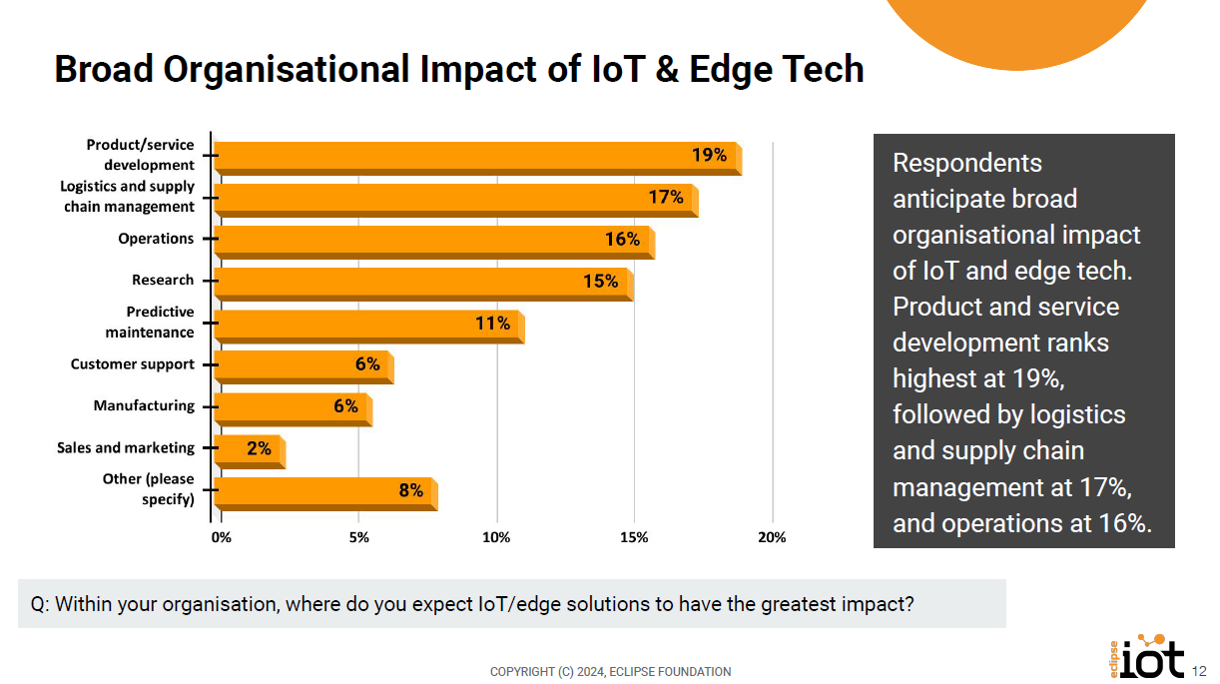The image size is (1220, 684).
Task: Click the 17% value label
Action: coord(666,198)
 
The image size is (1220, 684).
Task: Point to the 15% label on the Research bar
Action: coord(601,282)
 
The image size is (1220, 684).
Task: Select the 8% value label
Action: coord(411,490)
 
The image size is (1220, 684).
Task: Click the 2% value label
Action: coord(259,449)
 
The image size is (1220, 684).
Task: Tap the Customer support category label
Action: coord(133,364)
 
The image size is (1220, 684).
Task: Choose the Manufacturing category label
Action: coord(145,406)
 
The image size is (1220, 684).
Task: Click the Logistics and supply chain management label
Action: coord(128,197)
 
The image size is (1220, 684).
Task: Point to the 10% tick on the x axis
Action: coord(496,538)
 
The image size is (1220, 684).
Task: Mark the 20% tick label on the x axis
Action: coord(772,538)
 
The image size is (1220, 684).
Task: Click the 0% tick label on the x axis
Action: coord(221,538)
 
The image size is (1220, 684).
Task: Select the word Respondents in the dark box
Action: coord(967,163)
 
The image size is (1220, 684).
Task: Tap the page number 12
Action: coord(1201,670)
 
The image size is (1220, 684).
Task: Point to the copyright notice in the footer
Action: coord(610,672)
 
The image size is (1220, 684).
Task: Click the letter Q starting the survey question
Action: coord(37,604)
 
